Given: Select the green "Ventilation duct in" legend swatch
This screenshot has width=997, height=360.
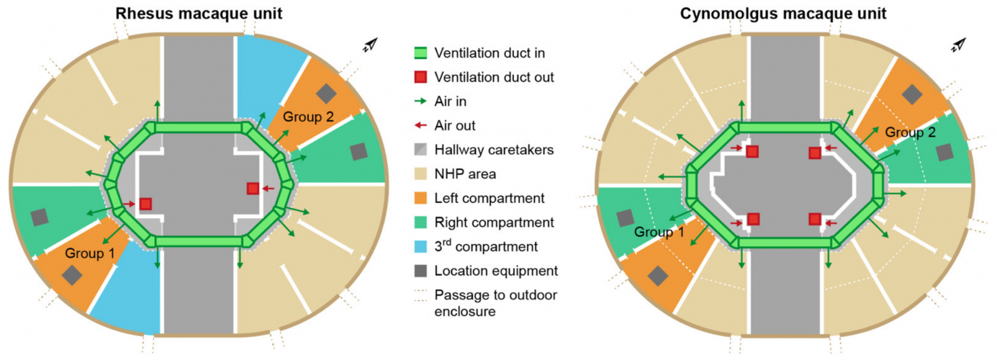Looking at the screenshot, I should tap(421, 53).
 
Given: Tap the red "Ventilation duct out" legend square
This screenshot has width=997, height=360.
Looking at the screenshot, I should tap(421, 77).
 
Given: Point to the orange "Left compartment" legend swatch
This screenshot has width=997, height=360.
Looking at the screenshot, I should tap(421, 198).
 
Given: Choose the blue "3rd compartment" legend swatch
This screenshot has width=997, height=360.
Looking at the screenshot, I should tap(421, 246).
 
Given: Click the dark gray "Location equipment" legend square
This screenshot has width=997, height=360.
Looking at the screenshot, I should tap(421, 271).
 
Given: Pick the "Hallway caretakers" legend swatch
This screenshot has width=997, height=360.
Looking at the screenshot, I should tap(421, 150).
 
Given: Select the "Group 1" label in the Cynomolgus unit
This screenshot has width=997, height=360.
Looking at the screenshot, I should tap(658, 233).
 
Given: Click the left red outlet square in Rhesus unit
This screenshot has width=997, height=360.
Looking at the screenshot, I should tap(145, 204).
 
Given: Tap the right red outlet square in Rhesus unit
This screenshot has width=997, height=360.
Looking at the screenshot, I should tap(253, 189).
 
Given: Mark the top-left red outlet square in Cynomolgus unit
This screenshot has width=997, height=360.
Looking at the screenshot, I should tap(752, 151).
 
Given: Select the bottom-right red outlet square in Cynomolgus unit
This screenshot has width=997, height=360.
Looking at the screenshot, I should tap(815, 219).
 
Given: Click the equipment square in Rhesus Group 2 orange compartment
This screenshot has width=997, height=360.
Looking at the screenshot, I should tap(327, 92).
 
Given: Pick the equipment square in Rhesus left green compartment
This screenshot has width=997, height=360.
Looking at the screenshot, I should tap(40, 217).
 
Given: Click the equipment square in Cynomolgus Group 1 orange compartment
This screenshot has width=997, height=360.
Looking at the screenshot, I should tap(657, 274).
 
